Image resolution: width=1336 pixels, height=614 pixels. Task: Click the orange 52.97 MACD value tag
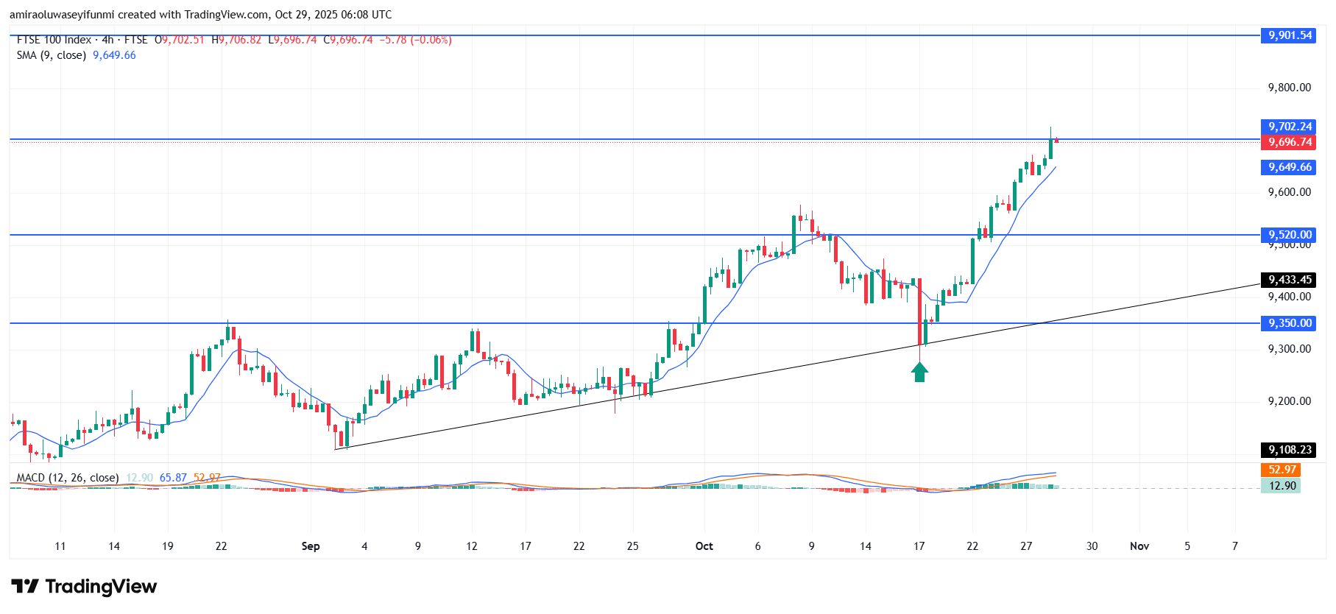pos(1282,470)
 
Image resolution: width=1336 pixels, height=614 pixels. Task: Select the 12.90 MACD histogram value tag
pos(1282,486)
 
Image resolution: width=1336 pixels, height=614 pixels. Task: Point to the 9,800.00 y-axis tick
pos(1289,88)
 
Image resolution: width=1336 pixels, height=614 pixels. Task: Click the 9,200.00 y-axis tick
pos(1289,401)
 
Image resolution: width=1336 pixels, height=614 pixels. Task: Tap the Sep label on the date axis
pos(311,546)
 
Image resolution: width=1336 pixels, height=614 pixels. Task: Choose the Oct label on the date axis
pos(704,546)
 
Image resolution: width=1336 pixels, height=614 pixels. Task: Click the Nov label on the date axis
pos(1139,546)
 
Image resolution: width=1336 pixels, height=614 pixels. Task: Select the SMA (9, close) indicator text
pos(52,55)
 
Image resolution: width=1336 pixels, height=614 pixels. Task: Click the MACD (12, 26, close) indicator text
pos(68,478)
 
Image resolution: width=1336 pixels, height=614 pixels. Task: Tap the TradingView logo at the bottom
pos(84,587)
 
